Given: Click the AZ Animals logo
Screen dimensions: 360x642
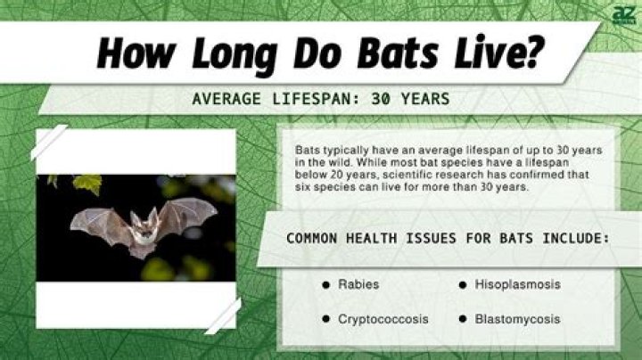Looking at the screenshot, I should pyautogui.click(x=621, y=15).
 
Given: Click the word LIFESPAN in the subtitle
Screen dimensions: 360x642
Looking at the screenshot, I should pyautogui.click(x=286, y=98).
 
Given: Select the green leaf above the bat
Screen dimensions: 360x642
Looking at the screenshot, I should pyautogui.click(x=87, y=184).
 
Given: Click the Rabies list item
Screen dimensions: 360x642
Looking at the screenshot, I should pyautogui.click(x=358, y=284).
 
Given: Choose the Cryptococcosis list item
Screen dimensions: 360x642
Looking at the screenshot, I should pyautogui.click(x=383, y=318).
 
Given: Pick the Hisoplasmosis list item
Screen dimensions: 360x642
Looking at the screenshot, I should pyautogui.click(x=518, y=284).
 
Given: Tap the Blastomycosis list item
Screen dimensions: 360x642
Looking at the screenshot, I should pyautogui.click(x=517, y=318).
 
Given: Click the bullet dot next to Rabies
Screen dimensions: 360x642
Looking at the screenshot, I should pyautogui.click(x=326, y=285).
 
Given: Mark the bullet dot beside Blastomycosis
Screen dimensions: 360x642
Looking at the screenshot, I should pyautogui.click(x=464, y=318).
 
